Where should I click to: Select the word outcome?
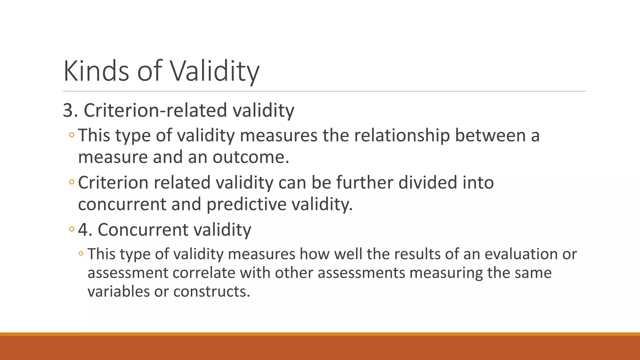pyautogui.click(x=251, y=157)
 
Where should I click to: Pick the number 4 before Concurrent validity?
pyautogui.click(x=83, y=230)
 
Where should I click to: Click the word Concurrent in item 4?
pyautogui.click(x=143, y=230)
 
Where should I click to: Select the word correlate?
pyautogui.click(x=204, y=273)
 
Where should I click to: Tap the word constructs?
pyautogui.click(x=212, y=292)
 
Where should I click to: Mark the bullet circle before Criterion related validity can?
pyautogui.click(x=72, y=182)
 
